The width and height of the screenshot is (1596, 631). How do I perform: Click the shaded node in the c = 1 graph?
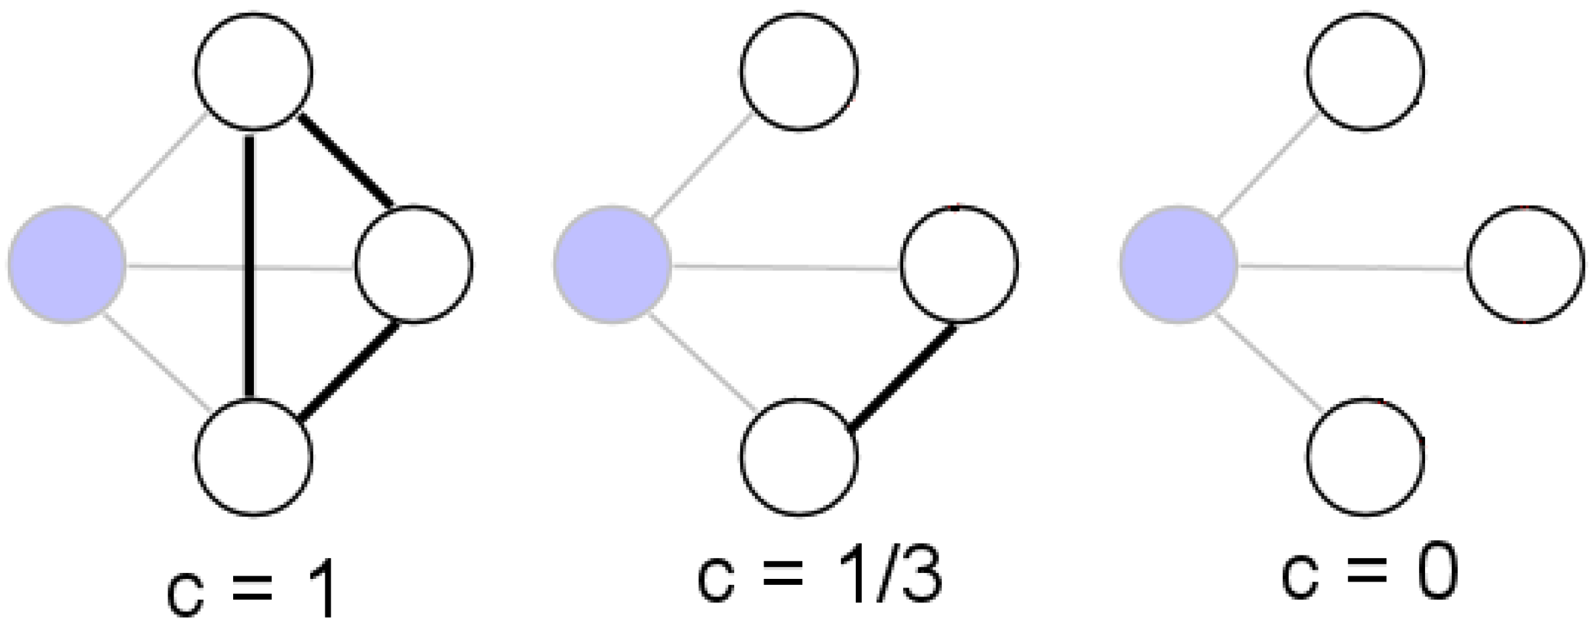(67, 264)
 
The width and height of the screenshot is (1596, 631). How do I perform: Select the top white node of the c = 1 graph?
(254, 71)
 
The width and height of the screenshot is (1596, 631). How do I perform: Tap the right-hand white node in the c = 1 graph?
(414, 264)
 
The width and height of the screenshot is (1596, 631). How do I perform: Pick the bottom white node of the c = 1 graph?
(254, 457)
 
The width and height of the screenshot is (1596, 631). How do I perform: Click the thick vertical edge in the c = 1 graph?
(250, 200)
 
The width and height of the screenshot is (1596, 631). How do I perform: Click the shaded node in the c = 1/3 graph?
(612, 264)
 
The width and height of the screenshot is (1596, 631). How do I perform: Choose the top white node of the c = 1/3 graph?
(799, 71)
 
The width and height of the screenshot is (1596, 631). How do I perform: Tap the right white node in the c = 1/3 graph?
(959, 264)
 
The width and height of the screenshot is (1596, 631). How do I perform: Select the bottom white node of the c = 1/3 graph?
(799, 457)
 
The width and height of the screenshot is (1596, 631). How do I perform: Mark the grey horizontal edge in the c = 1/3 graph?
(786, 268)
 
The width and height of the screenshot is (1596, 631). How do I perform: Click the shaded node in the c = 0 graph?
(1178, 264)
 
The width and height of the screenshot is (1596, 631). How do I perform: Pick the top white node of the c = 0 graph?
(1365, 71)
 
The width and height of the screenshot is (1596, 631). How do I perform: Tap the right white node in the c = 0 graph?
(1525, 264)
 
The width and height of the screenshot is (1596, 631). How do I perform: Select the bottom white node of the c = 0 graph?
(1365, 457)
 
